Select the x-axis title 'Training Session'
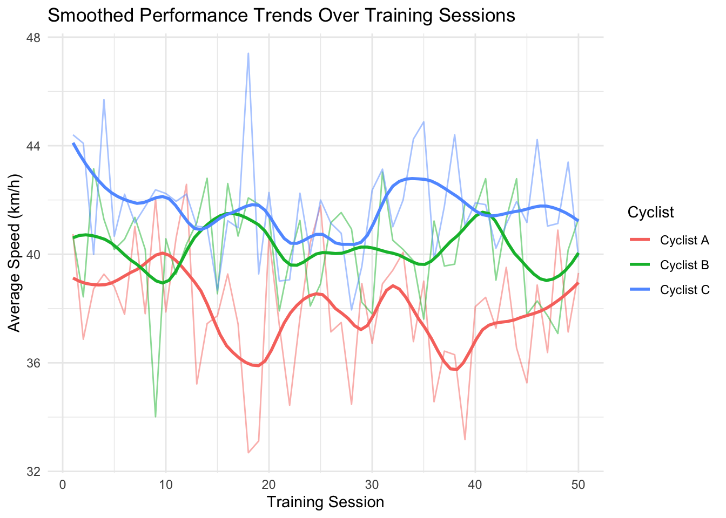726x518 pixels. (325, 502)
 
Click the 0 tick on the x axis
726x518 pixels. (63, 485)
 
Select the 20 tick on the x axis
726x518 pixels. (269, 485)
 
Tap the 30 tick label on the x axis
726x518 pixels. (372, 485)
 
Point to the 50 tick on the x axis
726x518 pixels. (579, 485)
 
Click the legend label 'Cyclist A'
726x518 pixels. (684, 241)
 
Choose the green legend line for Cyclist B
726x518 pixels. (641, 265)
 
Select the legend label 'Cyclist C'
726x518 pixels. (684, 290)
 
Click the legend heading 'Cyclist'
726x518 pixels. (650, 213)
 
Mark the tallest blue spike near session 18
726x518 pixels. (248, 53)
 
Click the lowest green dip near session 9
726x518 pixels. (156, 417)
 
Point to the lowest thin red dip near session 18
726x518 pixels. (248, 453)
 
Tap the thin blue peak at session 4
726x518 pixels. (104, 100)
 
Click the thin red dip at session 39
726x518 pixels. (465, 439)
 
